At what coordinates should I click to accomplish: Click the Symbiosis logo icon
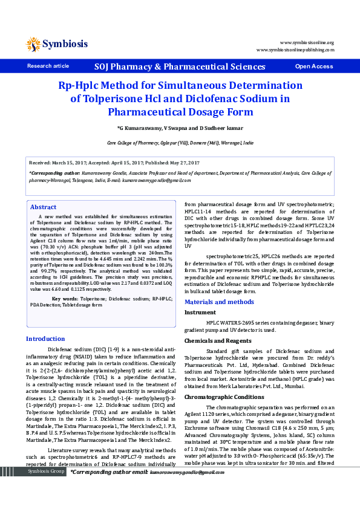coord(33,44)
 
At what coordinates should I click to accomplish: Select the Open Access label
coord(313,66)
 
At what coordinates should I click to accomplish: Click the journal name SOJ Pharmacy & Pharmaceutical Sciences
coord(180,66)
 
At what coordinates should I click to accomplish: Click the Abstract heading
coord(43,207)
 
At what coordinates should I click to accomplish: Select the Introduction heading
coord(45,339)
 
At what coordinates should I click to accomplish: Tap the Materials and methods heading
coord(219,302)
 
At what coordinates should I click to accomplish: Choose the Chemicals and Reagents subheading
coord(214,341)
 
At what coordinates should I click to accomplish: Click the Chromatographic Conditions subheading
coord(224,397)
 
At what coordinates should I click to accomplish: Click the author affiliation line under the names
coord(180,143)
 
